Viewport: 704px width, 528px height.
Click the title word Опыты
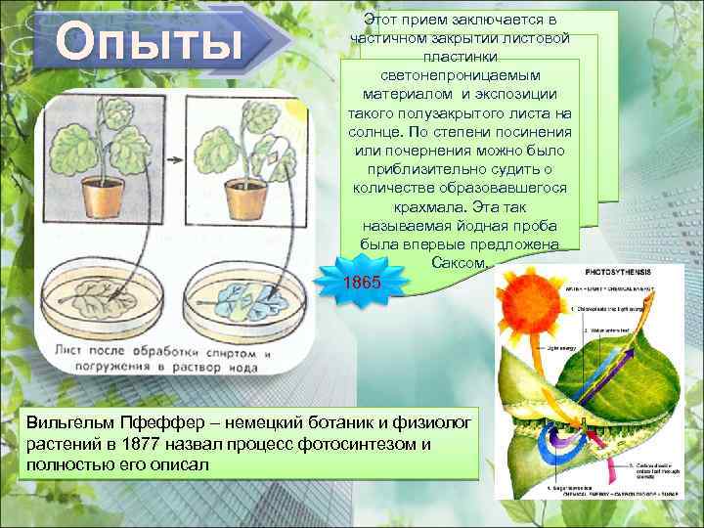point(147,44)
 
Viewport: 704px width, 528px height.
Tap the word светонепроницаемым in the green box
point(460,75)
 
